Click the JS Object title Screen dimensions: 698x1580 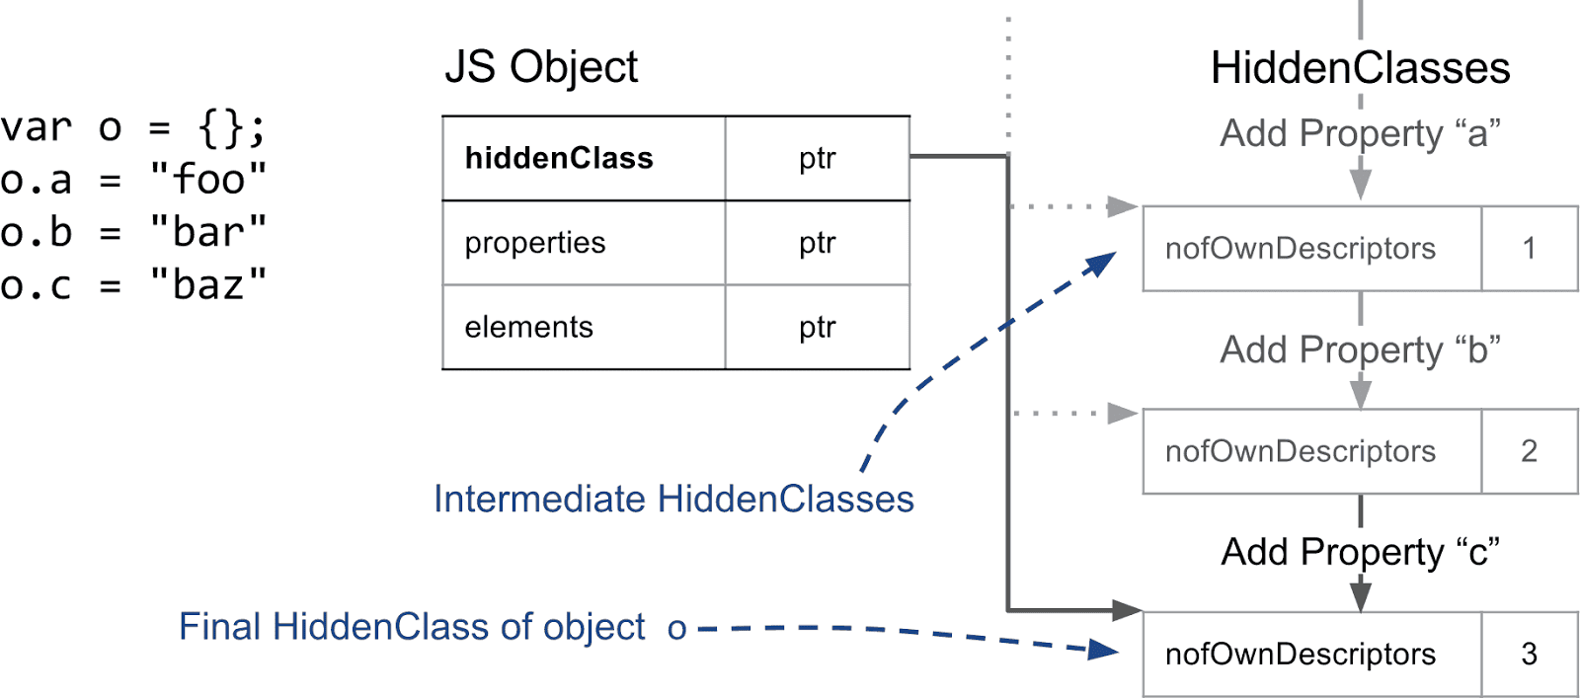point(541,68)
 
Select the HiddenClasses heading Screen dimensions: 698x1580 point(1360,69)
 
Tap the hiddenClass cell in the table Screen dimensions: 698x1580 point(584,159)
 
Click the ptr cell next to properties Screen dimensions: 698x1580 point(817,243)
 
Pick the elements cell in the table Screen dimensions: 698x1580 point(584,327)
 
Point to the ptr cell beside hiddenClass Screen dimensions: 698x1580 point(817,159)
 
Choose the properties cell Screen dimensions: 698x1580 point(584,243)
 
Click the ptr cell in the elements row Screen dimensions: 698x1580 point(817,327)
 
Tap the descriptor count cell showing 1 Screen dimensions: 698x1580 point(1529,249)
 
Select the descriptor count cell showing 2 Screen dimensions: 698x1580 point(1529,451)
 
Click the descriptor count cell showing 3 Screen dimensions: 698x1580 point(1529,654)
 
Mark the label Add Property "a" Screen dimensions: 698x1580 point(1360,133)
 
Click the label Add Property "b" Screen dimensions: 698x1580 point(1360,349)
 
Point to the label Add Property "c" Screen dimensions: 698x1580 point(1360,552)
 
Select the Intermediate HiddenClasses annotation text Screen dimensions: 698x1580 point(673,500)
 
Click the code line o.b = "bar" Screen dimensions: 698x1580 point(133,233)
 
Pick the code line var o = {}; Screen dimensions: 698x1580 point(133,127)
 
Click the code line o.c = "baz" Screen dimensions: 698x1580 point(133,285)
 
